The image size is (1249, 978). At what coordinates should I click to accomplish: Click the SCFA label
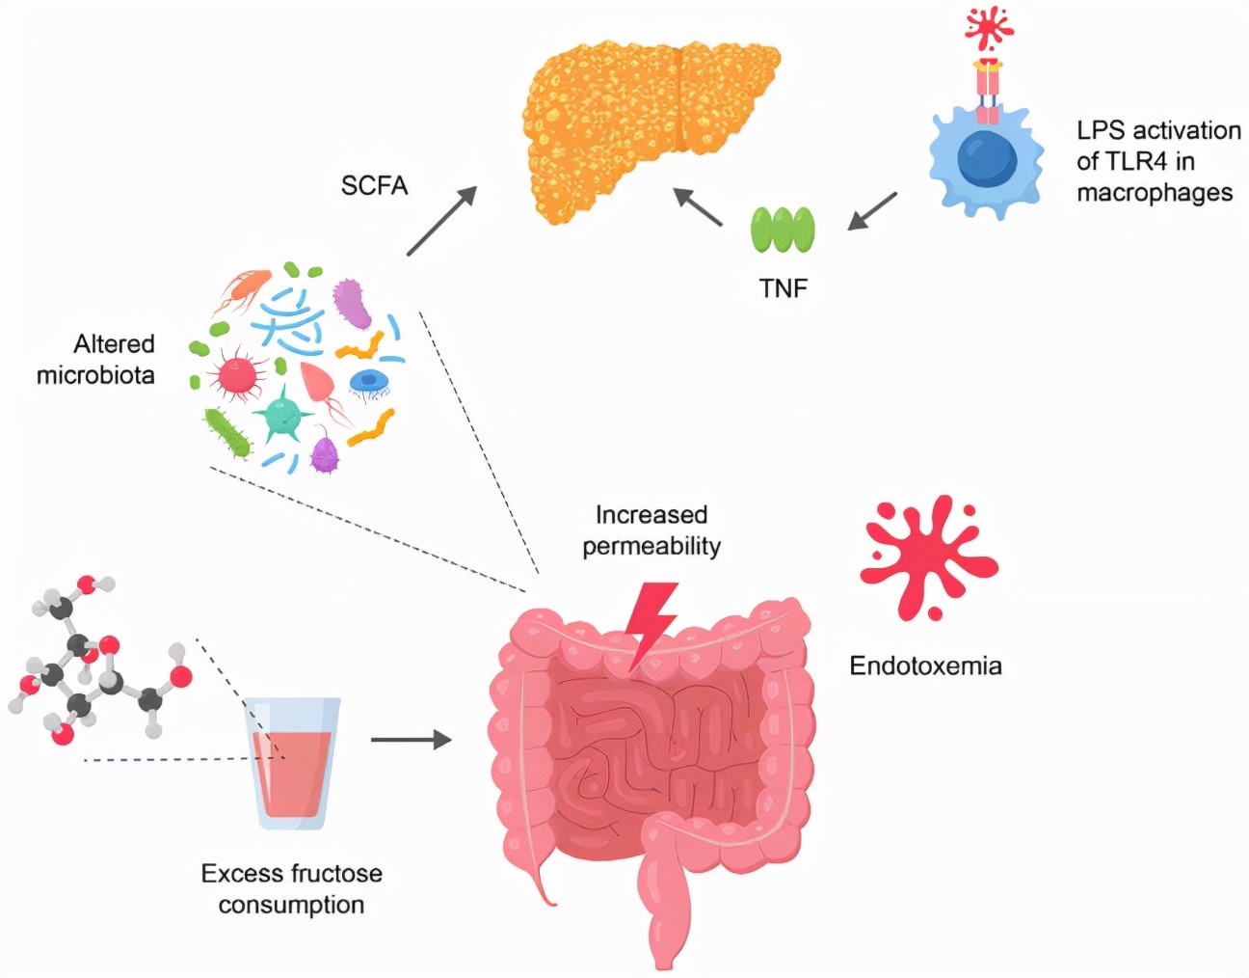(374, 185)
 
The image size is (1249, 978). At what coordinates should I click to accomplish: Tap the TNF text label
(783, 287)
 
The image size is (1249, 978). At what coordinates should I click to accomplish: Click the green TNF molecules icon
(783, 231)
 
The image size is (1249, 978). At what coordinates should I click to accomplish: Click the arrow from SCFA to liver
(441, 222)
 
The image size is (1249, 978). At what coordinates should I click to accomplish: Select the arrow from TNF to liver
(698, 206)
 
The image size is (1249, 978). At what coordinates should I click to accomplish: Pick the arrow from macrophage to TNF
(872, 211)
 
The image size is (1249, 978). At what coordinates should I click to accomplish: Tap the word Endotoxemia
(925, 666)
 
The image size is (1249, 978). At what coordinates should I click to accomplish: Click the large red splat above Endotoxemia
(925, 557)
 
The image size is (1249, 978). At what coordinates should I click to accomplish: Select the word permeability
(651, 546)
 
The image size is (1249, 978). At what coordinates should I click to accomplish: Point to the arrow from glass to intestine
(412, 740)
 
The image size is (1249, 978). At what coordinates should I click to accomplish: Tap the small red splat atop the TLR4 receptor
(988, 29)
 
